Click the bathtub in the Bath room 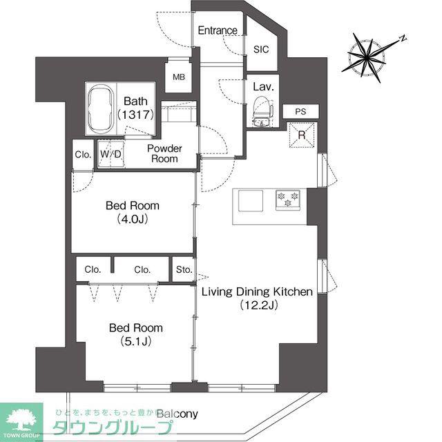pyautogui.click(x=101, y=108)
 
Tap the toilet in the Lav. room pyautogui.click(x=262, y=112)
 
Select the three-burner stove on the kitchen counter pyautogui.click(x=288, y=200)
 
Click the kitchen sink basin pyautogui.click(x=251, y=201)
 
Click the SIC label pyautogui.click(x=261, y=50)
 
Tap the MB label pyautogui.click(x=179, y=77)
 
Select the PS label pyautogui.click(x=300, y=112)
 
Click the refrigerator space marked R pyautogui.click(x=302, y=135)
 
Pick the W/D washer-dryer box pyautogui.click(x=110, y=154)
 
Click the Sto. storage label pyautogui.click(x=184, y=270)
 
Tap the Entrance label pyautogui.click(x=218, y=30)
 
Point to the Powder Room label pyautogui.click(x=164, y=153)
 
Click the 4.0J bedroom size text pyautogui.click(x=133, y=220)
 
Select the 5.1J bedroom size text pyautogui.click(x=136, y=342)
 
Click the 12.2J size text pyautogui.click(x=259, y=305)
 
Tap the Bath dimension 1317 pyautogui.click(x=136, y=115)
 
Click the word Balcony pyautogui.click(x=177, y=414)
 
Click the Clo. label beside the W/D pyautogui.click(x=83, y=155)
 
